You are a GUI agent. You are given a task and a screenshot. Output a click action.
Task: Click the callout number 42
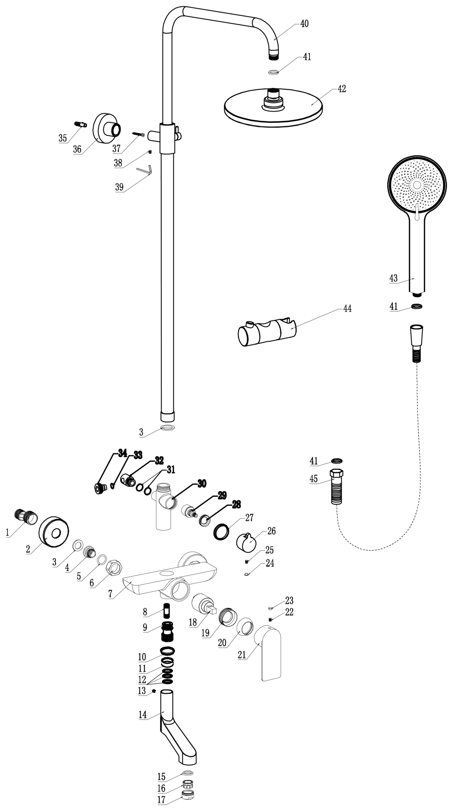coord(342,89)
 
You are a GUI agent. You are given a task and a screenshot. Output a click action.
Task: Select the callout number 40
coord(304,24)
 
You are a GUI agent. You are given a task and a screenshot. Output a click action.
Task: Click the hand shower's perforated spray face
coord(417,185)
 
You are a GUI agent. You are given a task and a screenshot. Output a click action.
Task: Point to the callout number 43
coord(393,279)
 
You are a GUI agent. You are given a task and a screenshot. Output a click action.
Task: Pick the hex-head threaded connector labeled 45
coord(337,488)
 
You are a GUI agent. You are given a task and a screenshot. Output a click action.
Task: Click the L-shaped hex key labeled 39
coord(144,169)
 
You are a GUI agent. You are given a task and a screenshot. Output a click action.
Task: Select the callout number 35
coord(62,138)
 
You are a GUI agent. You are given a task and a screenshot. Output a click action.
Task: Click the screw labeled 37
coord(138,134)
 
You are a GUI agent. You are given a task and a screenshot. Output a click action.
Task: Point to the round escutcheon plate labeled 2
coord(53,532)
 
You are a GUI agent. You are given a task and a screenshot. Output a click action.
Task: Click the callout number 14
coord(143,715)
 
